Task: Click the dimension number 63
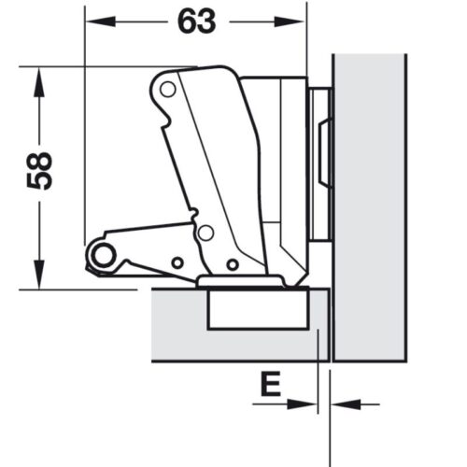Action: point(194,21)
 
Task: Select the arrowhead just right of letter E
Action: point(304,404)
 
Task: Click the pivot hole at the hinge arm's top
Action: point(167,90)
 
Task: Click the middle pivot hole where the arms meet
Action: point(205,233)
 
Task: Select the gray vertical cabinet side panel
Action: point(370,205)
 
